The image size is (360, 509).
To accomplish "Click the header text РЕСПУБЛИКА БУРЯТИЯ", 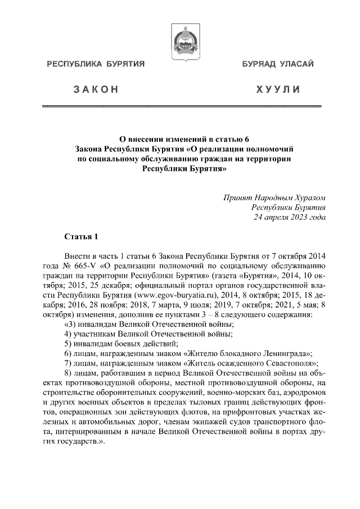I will coord(96,65).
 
